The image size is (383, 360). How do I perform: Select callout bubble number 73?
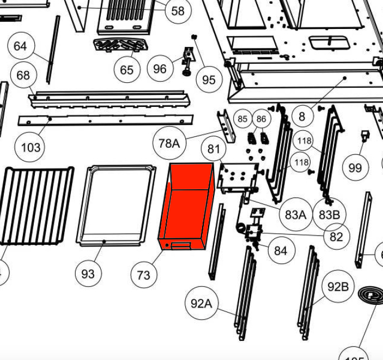143,274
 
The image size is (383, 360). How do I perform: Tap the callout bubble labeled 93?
88,274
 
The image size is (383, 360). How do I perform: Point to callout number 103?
31,147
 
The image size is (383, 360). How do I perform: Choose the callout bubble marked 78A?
169,143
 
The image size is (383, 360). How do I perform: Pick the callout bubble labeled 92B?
338,286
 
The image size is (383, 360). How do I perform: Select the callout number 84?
281,251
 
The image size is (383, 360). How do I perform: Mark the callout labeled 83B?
329,215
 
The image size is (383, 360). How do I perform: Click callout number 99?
355,167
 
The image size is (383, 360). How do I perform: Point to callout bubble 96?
160,69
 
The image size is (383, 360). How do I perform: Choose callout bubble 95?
209,80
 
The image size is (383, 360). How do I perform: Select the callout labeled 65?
127,69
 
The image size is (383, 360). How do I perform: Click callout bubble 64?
20,46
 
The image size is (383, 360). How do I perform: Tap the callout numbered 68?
23,75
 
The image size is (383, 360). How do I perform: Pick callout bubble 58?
178,10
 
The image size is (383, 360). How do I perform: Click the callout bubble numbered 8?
302,116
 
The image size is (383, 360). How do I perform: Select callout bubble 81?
214,148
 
